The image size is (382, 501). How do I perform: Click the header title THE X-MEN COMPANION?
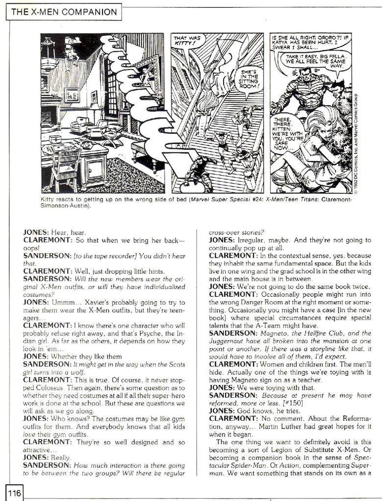[64, 12]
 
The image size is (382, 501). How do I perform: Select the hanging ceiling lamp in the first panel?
[50, 63]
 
